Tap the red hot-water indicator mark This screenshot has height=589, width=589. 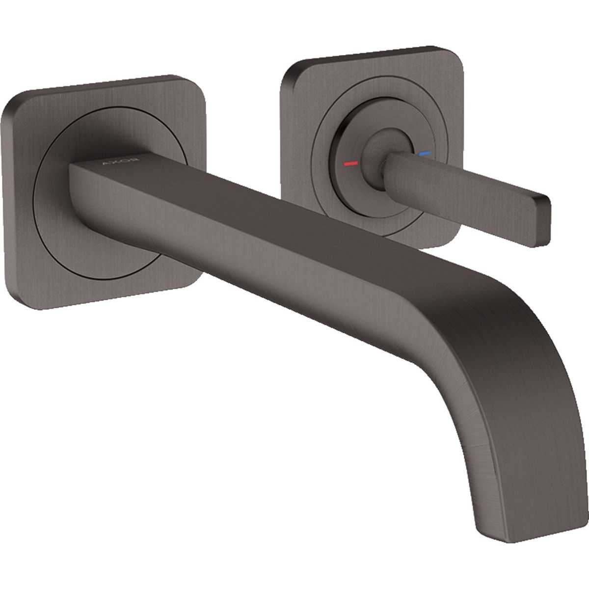click(x=350, y=163)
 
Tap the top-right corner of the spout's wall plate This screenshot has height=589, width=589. click(x=196, y=80)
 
